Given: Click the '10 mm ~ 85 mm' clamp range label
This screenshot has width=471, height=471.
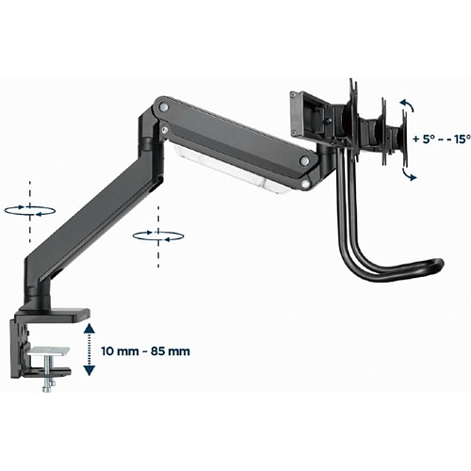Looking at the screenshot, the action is click(x=146, y=351).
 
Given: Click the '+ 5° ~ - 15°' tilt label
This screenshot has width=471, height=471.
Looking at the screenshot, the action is click(x=442, y=138).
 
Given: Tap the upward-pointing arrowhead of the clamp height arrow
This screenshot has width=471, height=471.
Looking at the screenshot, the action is click(x=89, y=329).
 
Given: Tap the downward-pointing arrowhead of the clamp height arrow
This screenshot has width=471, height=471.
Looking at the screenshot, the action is click(x=89, y=370).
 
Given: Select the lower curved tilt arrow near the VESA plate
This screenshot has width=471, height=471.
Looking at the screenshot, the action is click(x=409, y=174).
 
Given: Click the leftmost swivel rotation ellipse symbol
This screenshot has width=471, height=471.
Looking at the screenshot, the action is click(x=30, y=211).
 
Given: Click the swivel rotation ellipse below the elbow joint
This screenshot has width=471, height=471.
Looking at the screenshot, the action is click(x=158, y=236).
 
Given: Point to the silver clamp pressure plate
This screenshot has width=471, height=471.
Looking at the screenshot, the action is click(x=49, y=350).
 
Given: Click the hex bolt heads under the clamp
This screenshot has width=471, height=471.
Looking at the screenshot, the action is click(x=49, y=387).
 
